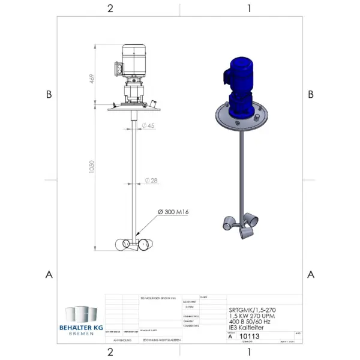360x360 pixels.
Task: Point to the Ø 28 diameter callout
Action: click(151, 181)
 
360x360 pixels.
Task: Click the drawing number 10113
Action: click(249, 337)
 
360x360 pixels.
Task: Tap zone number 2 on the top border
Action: click(110, 8)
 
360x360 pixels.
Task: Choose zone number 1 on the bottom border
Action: click(249, 352)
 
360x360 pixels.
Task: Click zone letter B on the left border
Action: click(49, 94)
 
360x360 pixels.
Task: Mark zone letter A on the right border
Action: click(311, 275)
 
